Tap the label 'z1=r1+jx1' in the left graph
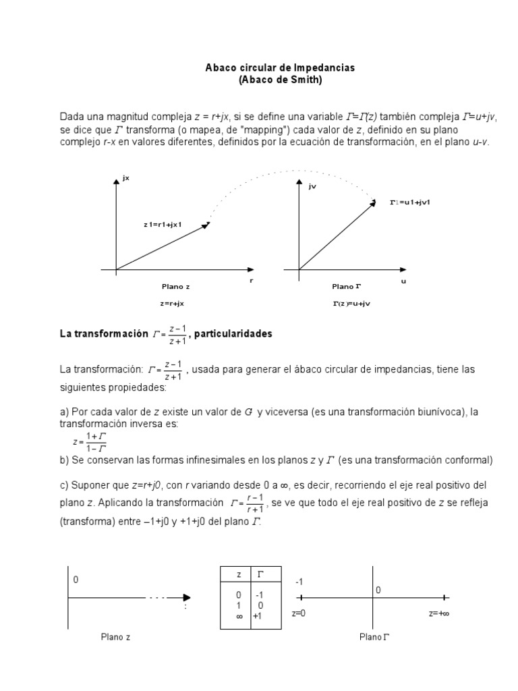coord(163,224)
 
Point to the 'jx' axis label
coord(126,178)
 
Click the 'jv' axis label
coord(312,187)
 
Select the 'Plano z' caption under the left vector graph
coord(175,286)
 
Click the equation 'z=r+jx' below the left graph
coord(173,304)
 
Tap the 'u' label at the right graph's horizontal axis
coord(404,281)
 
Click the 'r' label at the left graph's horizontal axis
coord(251,279)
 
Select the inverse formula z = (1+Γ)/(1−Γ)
coord(90,442)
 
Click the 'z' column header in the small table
coord(238,574)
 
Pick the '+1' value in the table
coord(257,615)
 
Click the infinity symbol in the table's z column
coord(238,615)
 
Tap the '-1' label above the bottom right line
coord(299,581)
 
